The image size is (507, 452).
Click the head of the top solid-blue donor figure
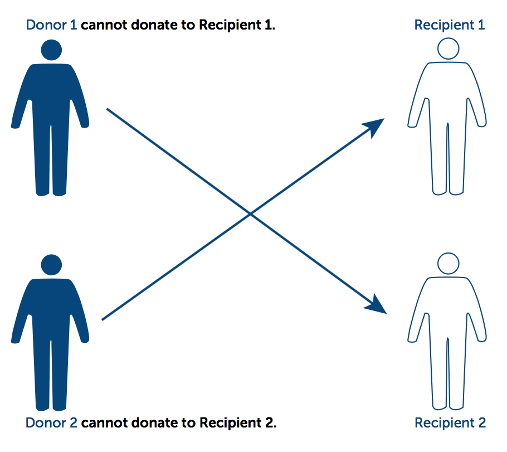(x=51, y=50)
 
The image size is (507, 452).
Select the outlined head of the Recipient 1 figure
(x=448, y=48)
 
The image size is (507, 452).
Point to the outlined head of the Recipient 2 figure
(x=448, y=263)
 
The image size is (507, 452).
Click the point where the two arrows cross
(x=251, y=213)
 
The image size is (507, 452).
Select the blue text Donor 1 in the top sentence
(x=51, y=26)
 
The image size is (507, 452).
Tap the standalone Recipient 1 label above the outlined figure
(x=450, y=25)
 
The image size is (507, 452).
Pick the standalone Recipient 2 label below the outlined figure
(x=450, y=423)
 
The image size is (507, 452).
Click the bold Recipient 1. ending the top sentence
(x=237, y=26)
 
